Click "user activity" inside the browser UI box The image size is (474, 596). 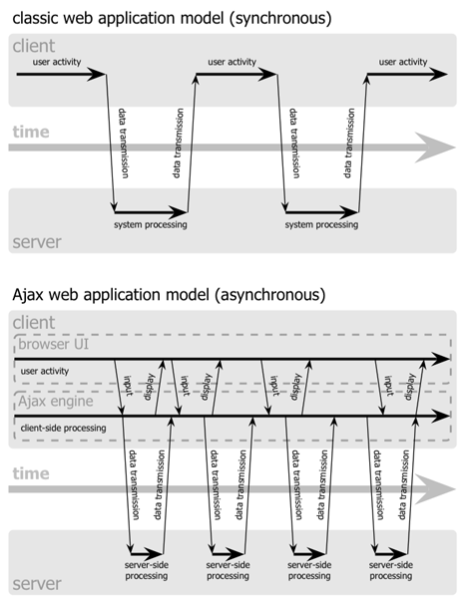coord(46,372)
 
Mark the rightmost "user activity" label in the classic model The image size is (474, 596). coord(403,62)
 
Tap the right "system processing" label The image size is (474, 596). coord(321,224)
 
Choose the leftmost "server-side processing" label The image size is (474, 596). coord(146,569)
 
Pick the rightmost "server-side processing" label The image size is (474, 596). coord(390,569)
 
